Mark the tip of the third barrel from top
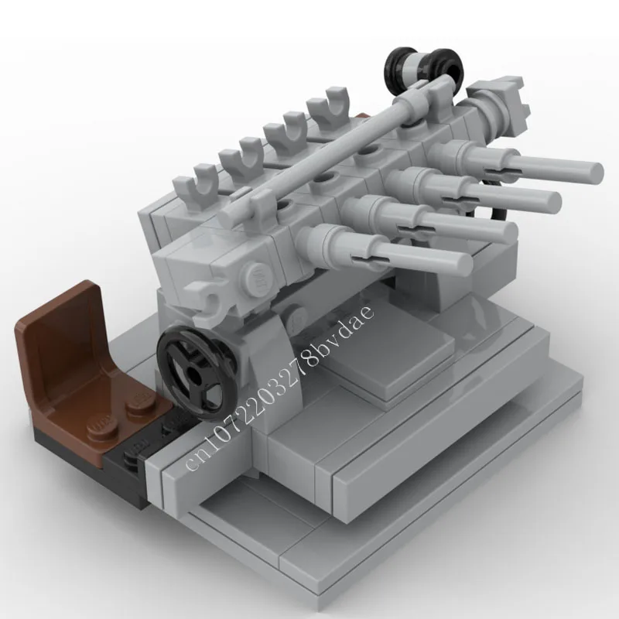tap(508, 231)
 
